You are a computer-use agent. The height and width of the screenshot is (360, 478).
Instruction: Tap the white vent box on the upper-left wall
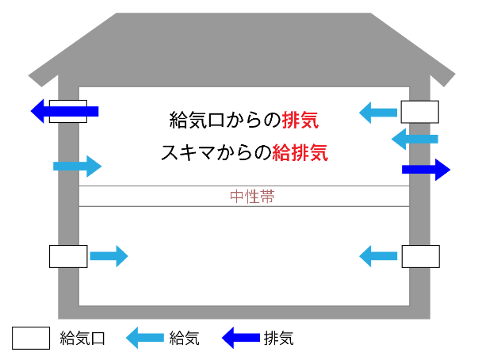click(68, 112)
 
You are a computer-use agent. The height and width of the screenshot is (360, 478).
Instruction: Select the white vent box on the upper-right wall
click(419, 112)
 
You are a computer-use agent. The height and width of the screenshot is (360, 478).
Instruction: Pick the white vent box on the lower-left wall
click(68, 256)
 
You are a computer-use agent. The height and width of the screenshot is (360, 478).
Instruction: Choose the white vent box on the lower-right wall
click(420, 256)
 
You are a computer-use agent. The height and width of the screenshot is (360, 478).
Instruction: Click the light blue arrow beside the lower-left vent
click(108, 256)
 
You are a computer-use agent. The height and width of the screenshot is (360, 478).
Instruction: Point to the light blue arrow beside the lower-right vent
click(378, 256)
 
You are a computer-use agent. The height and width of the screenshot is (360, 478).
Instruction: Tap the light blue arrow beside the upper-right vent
click(378, 113)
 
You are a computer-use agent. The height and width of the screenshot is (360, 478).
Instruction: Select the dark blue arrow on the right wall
click(426, 169)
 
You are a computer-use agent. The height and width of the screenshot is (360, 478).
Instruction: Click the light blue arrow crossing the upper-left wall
click(77, 166)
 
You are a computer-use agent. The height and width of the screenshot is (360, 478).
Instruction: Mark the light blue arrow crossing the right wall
click(415, 140)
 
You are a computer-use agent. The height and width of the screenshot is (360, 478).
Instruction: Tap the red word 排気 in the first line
click(305, 121)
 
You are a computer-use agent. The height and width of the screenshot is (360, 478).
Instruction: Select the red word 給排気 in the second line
click(300, 152)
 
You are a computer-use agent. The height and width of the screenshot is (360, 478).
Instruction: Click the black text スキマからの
click(215, 152)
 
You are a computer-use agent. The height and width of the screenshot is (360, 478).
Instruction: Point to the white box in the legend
click(31, 338)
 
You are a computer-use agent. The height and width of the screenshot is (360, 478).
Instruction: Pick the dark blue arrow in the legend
click(241, 338)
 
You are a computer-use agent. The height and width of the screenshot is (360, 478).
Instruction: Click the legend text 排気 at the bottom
click(278, 339)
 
